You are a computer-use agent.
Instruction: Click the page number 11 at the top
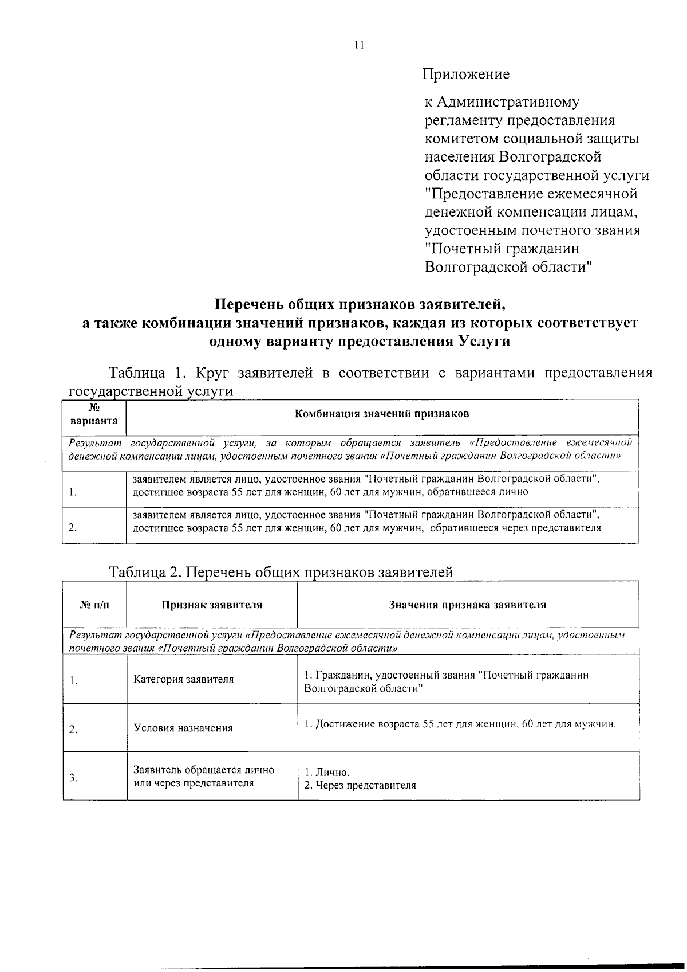tap(359, 45)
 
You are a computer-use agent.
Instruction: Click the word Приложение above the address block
tap(465, 74)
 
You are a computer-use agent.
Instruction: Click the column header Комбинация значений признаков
tap(382, 414)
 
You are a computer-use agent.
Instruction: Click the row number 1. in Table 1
tap(73, 492)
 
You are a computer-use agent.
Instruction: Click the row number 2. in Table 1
tap(73, 528)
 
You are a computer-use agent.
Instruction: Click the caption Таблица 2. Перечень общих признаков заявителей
tap(281, 572)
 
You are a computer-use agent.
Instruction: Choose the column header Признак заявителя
tap(212, 605)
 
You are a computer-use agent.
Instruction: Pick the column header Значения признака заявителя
tap(468, 605)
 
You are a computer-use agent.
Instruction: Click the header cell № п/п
tap(94, 605)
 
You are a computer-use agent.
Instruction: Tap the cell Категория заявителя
tap(184, 679)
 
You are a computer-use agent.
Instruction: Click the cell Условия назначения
tap(183, 728)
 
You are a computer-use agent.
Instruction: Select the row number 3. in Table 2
tap(73, 778)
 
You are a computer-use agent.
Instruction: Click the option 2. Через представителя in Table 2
tap(360, 785)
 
